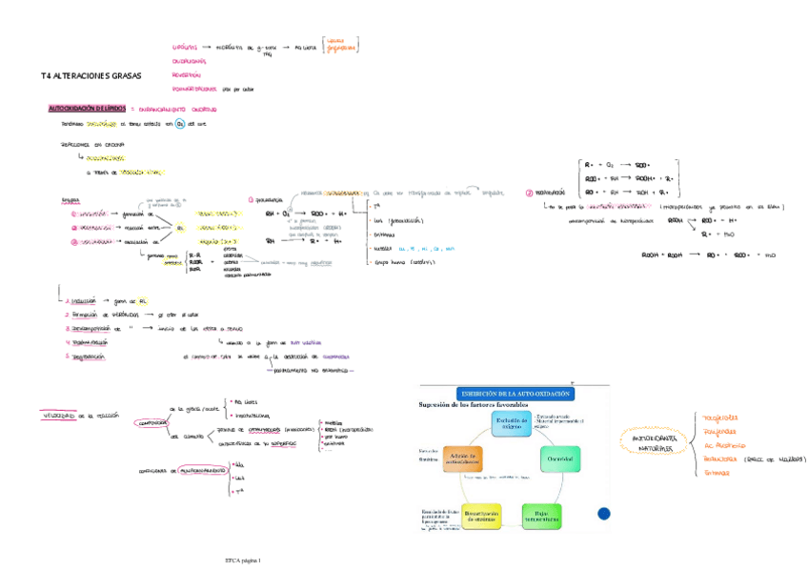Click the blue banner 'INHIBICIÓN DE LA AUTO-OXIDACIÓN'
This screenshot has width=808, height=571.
pyautogui.click(x=515, y=393)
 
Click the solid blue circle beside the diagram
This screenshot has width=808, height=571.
pyautogui.click(x=604, y=514)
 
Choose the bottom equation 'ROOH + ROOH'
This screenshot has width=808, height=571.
pyautogui.click(x=662, y=255)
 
